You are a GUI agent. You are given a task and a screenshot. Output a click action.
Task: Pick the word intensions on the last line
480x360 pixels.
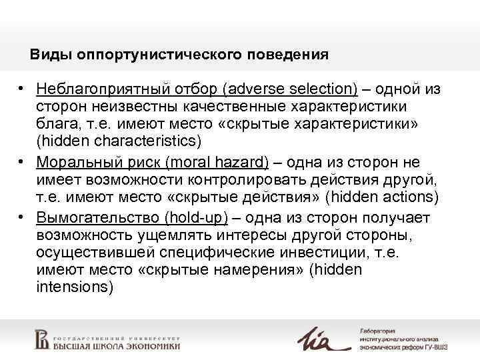75,287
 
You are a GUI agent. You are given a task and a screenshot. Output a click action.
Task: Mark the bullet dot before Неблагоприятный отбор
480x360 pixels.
22,89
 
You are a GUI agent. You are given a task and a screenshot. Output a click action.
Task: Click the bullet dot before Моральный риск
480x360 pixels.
22,162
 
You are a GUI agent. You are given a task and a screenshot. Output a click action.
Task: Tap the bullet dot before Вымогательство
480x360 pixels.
22,217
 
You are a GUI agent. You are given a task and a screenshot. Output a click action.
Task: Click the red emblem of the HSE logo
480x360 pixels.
41,339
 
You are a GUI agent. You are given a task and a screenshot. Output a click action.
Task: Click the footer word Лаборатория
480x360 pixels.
378,331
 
